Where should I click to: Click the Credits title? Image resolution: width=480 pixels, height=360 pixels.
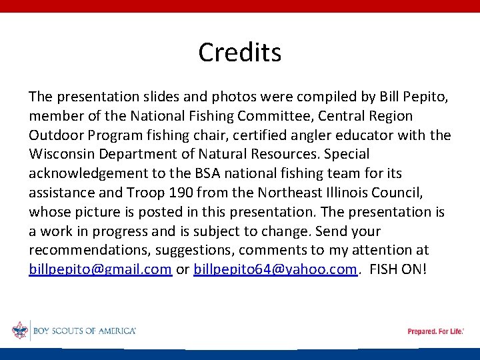coord(240,52)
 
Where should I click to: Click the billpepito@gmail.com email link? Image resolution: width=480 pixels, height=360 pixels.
coord(101,270)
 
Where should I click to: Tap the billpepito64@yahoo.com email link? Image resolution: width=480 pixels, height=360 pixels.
coord(275,270)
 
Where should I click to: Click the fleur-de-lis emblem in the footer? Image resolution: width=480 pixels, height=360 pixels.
coord(20,331)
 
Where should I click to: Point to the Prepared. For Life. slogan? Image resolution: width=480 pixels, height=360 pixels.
coord(435,331)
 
